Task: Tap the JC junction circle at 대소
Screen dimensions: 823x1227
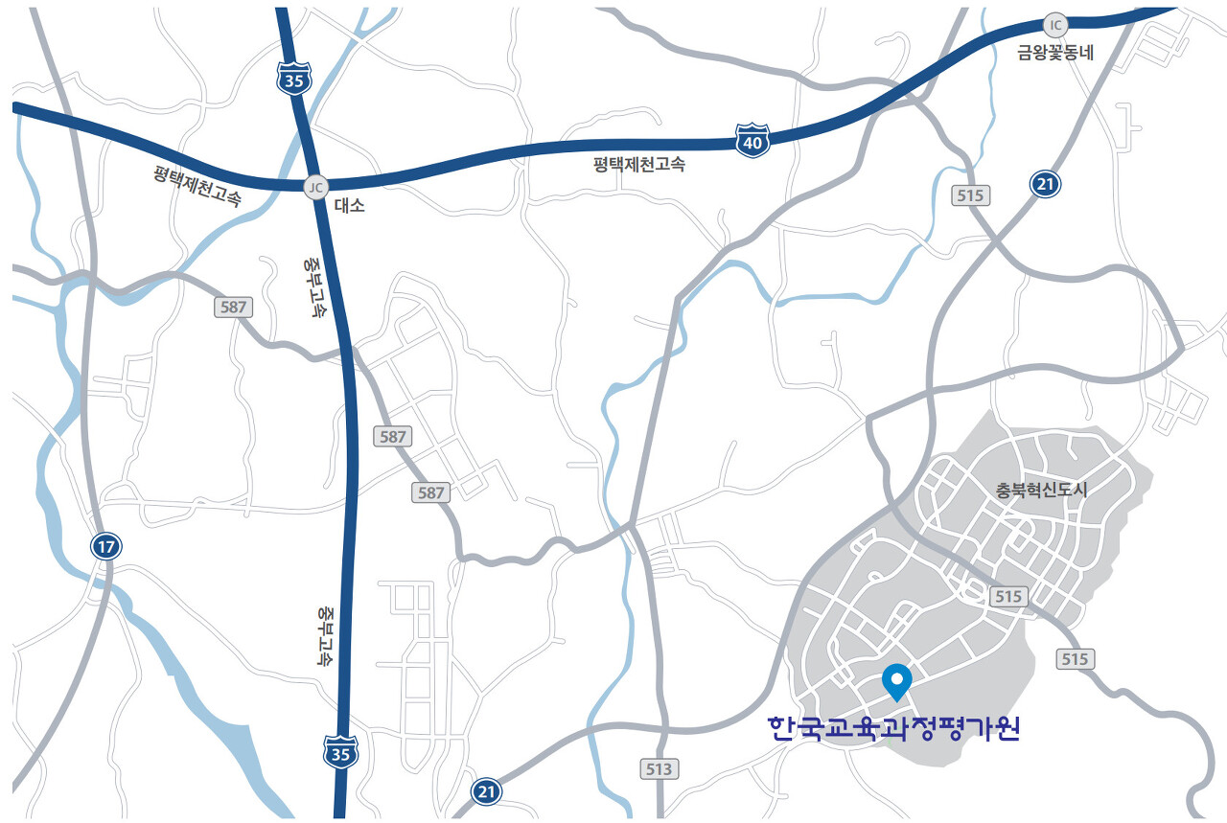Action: (315, 187)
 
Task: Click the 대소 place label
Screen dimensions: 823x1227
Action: (349, 205)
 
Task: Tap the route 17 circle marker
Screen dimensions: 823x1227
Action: (106, 547)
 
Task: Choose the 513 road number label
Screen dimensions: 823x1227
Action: (660, 768)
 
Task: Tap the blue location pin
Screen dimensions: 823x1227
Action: (896, 681)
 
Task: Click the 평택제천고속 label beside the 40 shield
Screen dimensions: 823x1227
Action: (639, 164)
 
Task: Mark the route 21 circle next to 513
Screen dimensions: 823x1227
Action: (487, 791)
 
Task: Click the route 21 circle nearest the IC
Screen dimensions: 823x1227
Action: (1045, 184)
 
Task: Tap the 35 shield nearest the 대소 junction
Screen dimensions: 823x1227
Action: (293, 80)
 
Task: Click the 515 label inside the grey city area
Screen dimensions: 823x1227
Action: (1007, 596)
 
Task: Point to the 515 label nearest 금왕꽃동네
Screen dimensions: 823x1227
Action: (971, 195)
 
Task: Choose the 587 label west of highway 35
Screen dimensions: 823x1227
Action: (234, 308)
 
